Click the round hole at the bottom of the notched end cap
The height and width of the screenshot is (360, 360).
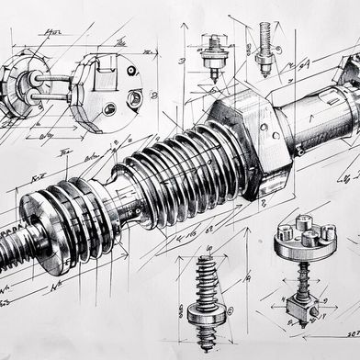pos(109,110)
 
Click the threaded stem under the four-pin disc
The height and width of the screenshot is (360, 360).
pos(299,276)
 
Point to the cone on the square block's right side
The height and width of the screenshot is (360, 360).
pos(318,313)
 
